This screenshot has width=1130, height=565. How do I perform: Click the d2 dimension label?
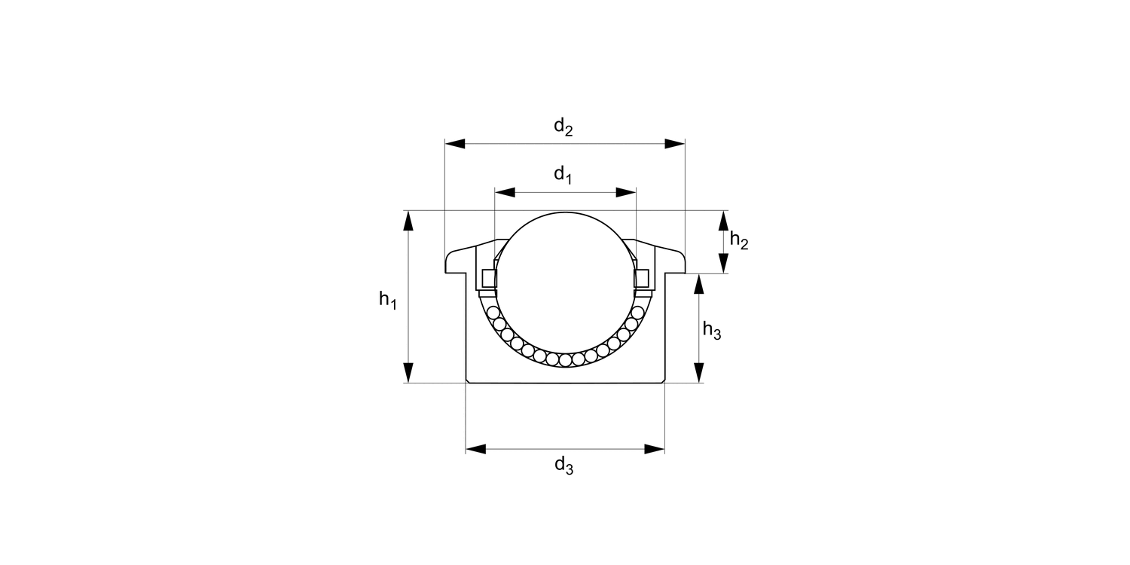click(x=563, y=127)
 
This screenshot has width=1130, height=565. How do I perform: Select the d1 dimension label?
click(x=563, y=175)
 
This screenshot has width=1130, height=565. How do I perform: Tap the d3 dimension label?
click(x=564, y=466)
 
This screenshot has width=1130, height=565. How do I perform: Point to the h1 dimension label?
click(x=388, y=300)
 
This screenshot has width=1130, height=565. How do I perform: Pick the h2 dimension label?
click(x=739, y=240)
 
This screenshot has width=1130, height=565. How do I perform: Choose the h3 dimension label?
click(x=712, y=331)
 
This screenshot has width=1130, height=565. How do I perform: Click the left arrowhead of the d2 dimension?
click(x=455, y=144)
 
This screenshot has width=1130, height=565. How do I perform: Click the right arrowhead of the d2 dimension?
click(x=674, y=144)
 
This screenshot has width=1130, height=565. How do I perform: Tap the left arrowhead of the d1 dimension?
click(x=505, y=192)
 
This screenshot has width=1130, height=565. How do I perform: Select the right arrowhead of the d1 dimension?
click(x=626, y=192)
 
